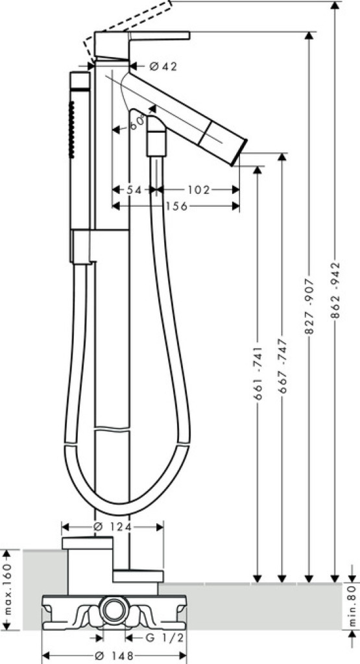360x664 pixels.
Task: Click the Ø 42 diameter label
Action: pos(163,66)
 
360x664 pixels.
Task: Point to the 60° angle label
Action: pos(137,123)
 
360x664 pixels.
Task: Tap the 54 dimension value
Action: pos(134,190)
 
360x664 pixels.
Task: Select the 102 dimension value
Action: pos(198,190)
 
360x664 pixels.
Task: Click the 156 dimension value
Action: pos(176,206)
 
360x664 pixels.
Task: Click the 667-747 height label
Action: pos(283,366)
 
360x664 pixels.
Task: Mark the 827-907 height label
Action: pos(309,306)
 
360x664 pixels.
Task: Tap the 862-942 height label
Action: pos(335,290)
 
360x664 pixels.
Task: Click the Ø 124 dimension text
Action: pos(113,527)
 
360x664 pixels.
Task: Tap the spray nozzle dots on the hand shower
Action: pos(71,130)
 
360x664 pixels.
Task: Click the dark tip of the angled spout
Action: pos(239,152)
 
